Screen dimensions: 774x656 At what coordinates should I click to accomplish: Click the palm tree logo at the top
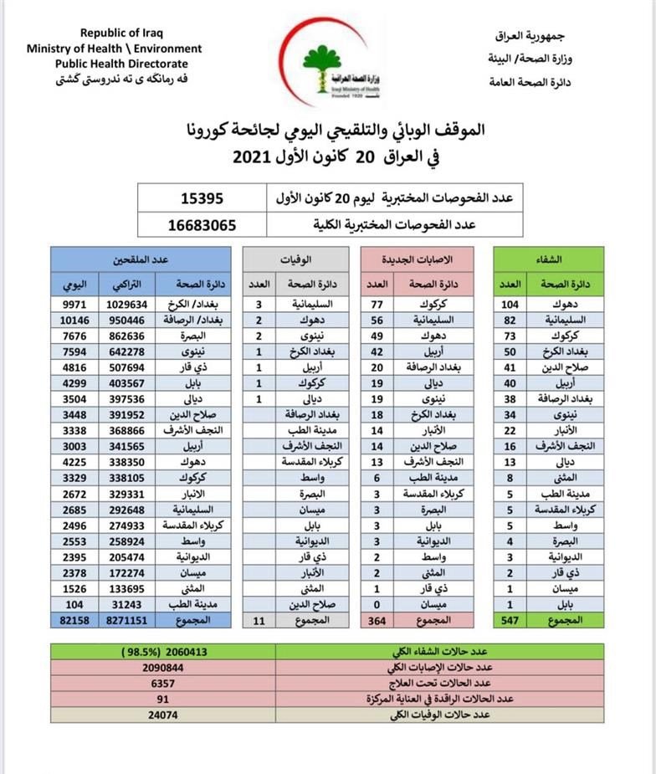(327, 64)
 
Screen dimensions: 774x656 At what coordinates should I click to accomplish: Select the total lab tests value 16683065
(202, 224)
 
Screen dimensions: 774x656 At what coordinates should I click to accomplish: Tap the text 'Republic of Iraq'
(121, 33)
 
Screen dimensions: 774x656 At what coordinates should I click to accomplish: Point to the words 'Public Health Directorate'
(122, 64)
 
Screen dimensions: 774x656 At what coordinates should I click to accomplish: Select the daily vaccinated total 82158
(74, 620)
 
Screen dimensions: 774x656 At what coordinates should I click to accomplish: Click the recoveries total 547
(510, 620)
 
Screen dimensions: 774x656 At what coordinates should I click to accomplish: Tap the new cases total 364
(376, 620)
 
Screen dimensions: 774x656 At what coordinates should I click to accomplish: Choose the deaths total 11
(259, 620)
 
